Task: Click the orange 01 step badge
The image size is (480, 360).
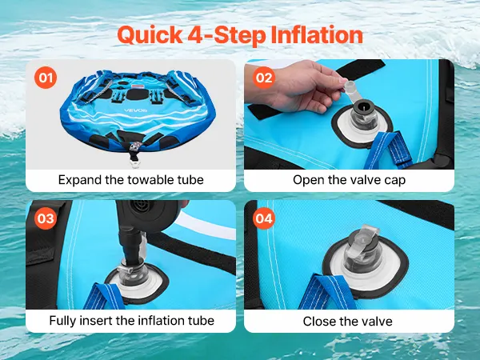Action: coord(46,78)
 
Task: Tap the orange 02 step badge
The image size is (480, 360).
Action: coord(264,78)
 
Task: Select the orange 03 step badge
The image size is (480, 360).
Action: coord(46,218)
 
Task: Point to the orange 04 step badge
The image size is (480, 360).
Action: coord(264,218)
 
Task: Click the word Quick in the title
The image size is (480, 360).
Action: coord(150,35)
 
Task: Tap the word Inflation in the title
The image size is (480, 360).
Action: coord(317,34)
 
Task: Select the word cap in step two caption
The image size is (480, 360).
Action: coord(395,180)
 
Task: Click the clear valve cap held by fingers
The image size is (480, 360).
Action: coord(350,88)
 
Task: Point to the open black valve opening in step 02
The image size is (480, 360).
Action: coord(362,107)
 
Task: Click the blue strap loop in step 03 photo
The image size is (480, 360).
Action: coord(104,296)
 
